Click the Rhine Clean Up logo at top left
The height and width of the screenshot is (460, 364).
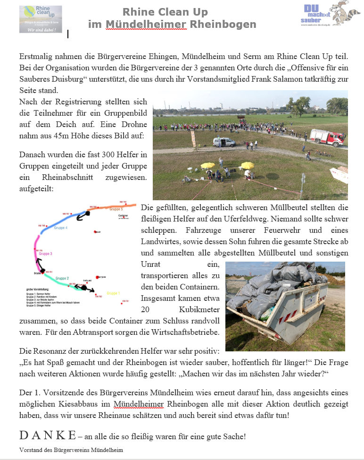click(x=41, y=19)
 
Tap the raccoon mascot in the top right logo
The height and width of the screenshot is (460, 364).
click(x=347, y=13)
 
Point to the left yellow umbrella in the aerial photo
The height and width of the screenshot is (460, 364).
click(x=207, y=165)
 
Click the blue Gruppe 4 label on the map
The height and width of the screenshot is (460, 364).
click(x=60, y=228)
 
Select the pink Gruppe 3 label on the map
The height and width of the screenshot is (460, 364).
click(x=45, y=254)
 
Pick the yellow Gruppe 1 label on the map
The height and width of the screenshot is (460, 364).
click(x=113, y=293)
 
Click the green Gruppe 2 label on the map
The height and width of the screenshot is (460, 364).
click(x=62, y=278)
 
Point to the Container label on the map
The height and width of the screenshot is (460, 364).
click(x=124, y=215)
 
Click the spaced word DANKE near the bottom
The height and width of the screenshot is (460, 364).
click(x=47, y=435)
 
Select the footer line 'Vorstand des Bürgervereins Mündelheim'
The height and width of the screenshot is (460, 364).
click(x=71, y=450)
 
